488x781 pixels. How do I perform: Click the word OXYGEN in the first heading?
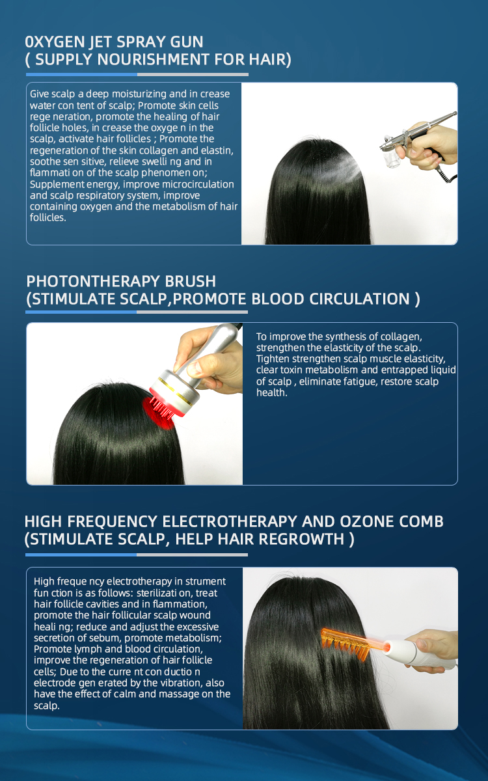tap(53, 42)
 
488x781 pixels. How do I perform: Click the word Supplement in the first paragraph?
tap(54, 184)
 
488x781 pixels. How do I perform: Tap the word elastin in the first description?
tap(215, 151)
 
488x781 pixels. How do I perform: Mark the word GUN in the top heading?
tap(185, 42)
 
